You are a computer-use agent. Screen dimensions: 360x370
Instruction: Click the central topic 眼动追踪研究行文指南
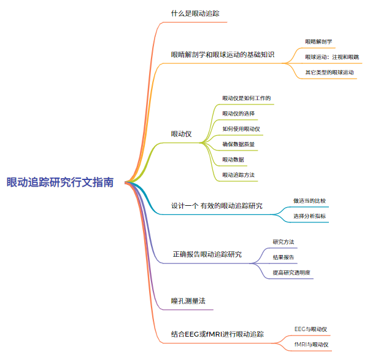coord(60,182)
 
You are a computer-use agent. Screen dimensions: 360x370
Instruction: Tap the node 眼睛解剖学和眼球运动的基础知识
coord(222,55)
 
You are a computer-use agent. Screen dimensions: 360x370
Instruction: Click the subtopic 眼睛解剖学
coord(318,42)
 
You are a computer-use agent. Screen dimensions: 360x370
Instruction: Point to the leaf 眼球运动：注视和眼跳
coord(332,57)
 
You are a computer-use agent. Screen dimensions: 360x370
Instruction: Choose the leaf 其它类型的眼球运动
coord(330,72)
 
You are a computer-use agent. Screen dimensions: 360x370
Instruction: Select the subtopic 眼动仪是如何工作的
coord(247,98)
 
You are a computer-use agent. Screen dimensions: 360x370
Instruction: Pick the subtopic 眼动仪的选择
coord(238,114)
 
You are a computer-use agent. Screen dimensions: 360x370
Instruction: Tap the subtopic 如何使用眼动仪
coord(241,129)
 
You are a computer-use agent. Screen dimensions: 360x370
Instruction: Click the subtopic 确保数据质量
coord(239,144)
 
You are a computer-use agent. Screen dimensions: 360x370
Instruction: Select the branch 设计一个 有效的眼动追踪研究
coord(217,206)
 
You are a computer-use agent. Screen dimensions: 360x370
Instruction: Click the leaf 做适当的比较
coord(310,201)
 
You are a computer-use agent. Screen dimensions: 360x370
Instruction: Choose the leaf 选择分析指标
coord(310,216)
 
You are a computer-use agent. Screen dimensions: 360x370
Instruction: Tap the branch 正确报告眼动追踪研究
coord(207,254)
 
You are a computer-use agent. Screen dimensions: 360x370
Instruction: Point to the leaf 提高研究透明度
coord(291,272)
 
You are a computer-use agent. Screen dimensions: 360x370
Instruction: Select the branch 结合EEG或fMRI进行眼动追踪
coord(217,335)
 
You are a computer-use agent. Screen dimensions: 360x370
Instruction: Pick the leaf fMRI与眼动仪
coord(311,345)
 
